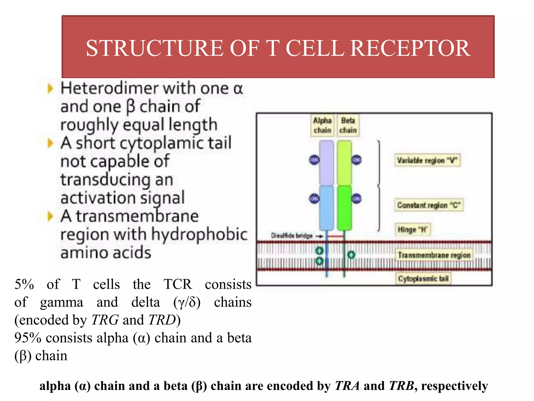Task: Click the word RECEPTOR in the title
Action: [410, 48]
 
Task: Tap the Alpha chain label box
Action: [322, 125]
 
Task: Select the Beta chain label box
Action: [348, 125]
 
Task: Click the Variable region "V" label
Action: [427, 160]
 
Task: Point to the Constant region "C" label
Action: [429, 205]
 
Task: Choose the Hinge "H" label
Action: [412, 230]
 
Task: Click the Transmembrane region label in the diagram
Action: [434, 255]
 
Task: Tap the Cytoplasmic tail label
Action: [423, 279]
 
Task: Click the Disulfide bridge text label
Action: [292, 236]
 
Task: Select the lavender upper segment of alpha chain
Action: [326, 163]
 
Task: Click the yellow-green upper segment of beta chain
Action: [344, 163]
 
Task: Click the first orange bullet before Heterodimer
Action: [50, 89]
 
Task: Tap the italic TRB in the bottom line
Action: [401, 386]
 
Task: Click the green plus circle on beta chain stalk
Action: [351, 255]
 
